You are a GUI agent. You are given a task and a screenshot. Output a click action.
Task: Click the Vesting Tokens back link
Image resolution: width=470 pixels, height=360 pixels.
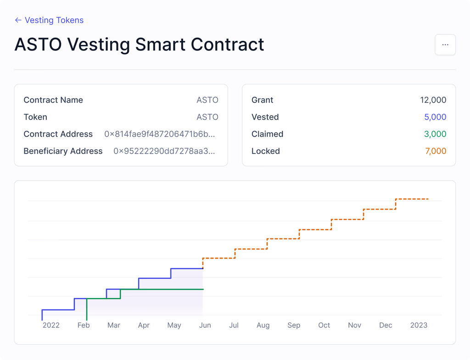pos(49,20)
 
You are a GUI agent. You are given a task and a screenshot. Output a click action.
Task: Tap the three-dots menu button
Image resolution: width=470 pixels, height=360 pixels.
pos(445,45)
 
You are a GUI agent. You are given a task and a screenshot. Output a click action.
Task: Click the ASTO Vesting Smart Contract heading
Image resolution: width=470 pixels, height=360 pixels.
pos(139,44)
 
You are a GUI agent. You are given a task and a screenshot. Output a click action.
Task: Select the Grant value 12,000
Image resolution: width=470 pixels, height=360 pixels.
pos(433,100)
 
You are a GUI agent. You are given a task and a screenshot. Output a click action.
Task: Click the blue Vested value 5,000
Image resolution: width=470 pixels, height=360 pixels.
pos(435,117)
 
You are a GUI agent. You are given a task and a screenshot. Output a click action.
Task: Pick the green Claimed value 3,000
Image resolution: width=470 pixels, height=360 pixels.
pos(435,134)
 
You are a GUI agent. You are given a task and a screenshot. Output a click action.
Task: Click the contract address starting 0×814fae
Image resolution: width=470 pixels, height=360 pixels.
pos(159,134)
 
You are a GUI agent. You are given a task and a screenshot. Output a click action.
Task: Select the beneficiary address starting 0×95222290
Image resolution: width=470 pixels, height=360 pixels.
pos(164,151)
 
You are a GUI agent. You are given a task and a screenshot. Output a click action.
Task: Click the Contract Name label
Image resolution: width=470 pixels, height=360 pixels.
pos(53,100)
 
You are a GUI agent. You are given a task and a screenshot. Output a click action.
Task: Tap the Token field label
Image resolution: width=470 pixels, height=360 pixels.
pos(35,117)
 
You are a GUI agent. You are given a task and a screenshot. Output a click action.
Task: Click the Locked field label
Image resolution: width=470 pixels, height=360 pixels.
pos(265,151)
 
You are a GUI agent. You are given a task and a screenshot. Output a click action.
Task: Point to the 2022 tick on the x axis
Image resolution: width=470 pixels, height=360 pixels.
pos(51,325)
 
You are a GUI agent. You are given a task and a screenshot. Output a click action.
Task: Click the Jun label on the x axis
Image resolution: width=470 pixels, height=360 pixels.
pos(205,325)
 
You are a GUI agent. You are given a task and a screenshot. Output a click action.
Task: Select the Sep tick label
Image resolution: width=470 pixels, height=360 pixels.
pos(294,325)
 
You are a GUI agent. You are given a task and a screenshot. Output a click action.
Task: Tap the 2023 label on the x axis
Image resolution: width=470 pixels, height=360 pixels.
pos(419,325)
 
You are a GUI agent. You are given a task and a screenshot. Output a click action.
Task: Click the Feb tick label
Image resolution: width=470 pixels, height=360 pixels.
pos(84,325)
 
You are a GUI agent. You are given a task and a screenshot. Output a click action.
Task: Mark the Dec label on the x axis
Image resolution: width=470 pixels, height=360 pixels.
pos(386,325)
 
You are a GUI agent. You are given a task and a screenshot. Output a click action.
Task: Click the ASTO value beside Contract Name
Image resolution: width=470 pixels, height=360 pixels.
pos(207,100)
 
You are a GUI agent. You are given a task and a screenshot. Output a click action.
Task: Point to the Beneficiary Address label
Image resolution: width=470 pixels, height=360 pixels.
pos(63,151)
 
